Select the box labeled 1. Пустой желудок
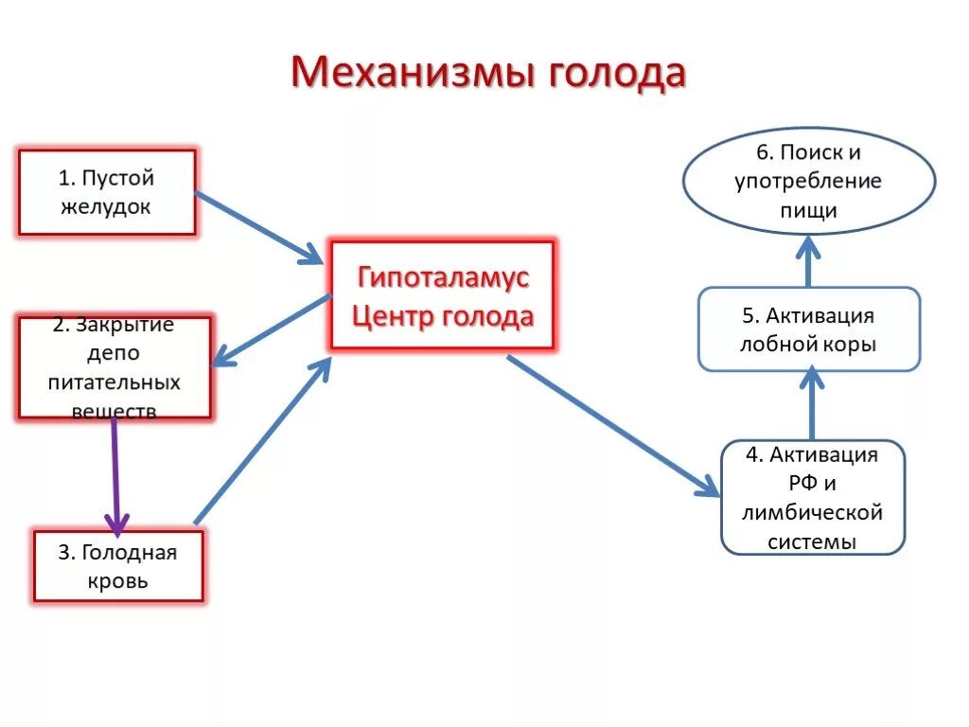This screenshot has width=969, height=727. tap(107, 192)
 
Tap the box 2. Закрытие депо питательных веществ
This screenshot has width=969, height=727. tap(115, 367)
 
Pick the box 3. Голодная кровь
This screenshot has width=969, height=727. tap(118, 566)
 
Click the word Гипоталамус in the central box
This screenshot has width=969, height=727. tap(443, 278)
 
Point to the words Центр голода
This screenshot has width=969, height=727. tap(443, 316)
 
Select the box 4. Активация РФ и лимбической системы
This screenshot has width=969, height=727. tap(812, 498)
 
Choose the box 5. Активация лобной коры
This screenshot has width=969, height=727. tap(808, 329)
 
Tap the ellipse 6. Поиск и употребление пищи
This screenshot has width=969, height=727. tap(808, 180)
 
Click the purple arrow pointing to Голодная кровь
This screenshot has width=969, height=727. tap(115, 473)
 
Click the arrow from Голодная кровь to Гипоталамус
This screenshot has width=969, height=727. tap(261, 440)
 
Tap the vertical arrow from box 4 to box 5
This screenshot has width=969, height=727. tap(811, 405)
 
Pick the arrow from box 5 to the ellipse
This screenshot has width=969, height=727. tap(808, 261)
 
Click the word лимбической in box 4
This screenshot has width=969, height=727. tap(812, 513)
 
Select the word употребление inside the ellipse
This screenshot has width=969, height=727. tap(808, 181)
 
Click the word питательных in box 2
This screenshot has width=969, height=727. tap(115, 382)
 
